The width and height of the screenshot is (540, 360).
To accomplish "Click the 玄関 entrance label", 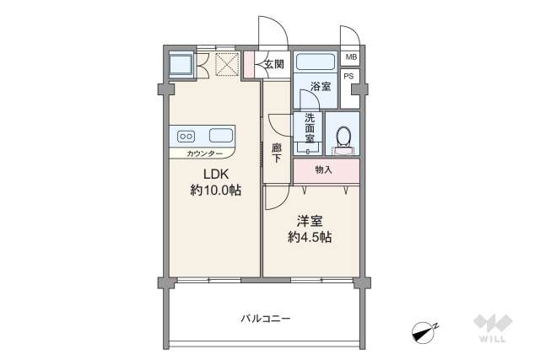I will (x=273, y=65).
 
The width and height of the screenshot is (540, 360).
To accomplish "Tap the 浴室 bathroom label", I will (x=320, y=87).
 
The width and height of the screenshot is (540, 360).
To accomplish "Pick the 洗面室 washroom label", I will (x=310, y=128).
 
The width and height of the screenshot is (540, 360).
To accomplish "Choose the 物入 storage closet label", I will (x=323, y=170).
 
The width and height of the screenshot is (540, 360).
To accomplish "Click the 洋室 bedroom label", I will (x=310, y=221).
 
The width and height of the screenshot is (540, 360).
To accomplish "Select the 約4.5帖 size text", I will (x=310, y=238).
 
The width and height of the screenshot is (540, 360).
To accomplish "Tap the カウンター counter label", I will (x=205, y=154).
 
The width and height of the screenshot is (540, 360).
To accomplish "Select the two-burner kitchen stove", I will (x=186, y=135).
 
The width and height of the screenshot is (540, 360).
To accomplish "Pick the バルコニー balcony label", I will (x=265, y=319).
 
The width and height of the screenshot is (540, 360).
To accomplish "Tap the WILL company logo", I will (x=489, y=328).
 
